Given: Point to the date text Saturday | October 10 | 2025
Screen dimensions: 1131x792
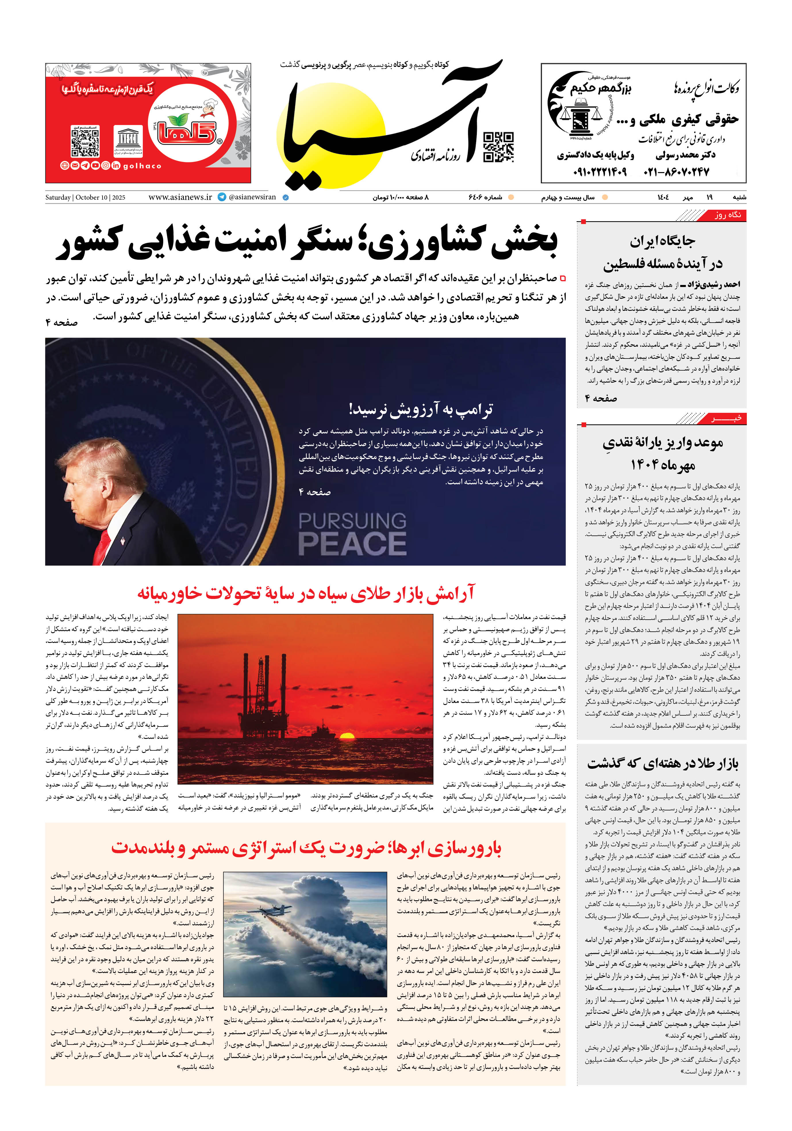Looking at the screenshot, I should [x=85, y=198].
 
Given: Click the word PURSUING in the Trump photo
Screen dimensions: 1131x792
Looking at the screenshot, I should [x=352, y=521].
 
